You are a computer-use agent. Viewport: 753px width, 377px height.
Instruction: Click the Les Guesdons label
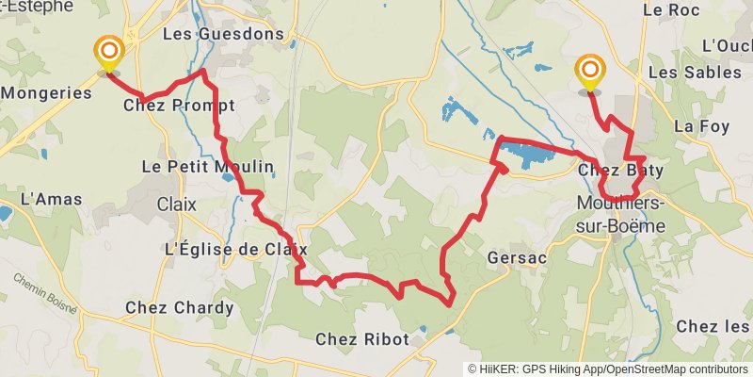coord(223,34)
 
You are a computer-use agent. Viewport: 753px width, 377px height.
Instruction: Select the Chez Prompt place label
coord(179,105)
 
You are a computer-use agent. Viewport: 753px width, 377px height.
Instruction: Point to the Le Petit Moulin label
coord(207,167)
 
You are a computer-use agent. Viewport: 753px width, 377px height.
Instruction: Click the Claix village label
coord(177,204)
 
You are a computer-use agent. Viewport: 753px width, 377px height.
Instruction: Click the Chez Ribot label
coord(362,339)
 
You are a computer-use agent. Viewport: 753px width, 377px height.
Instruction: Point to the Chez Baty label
coord(620,171)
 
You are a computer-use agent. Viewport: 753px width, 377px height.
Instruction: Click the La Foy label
coord(696,125)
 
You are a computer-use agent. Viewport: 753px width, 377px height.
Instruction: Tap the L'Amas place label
coord(52,199)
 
